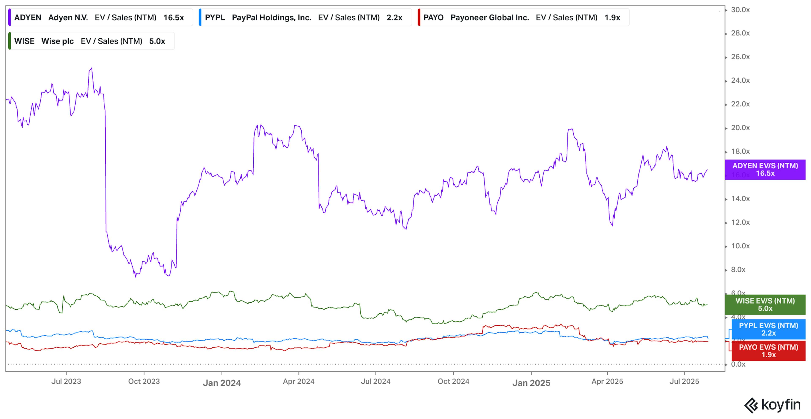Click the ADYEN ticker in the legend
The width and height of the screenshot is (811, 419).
click(28, 18)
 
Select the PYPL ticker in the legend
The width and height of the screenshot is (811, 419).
click(215, 18)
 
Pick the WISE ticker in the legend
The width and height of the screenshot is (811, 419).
click(24, 41)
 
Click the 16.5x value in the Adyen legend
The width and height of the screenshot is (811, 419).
click(173, 18)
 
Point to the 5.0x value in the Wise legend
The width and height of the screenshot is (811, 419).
click(157, 41)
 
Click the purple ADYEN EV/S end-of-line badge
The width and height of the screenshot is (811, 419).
click(765, 170)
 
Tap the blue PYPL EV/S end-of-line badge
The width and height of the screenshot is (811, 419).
click(768, 329)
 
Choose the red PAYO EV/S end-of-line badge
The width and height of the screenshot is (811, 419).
click(768, 351)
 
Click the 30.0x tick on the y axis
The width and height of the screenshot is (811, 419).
click(740, 10)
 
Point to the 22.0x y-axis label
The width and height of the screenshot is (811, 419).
click(740, 104)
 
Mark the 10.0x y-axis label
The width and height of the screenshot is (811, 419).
click(740, 246)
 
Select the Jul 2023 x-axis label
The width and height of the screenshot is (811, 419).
click(66, 381)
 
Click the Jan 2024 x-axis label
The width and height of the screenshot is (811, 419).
click(222, 383)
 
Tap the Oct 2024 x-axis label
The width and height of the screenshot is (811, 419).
click(453, 381)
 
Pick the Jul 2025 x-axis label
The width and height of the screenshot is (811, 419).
click(684, 381)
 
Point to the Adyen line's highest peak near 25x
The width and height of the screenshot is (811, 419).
click(91, 68)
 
